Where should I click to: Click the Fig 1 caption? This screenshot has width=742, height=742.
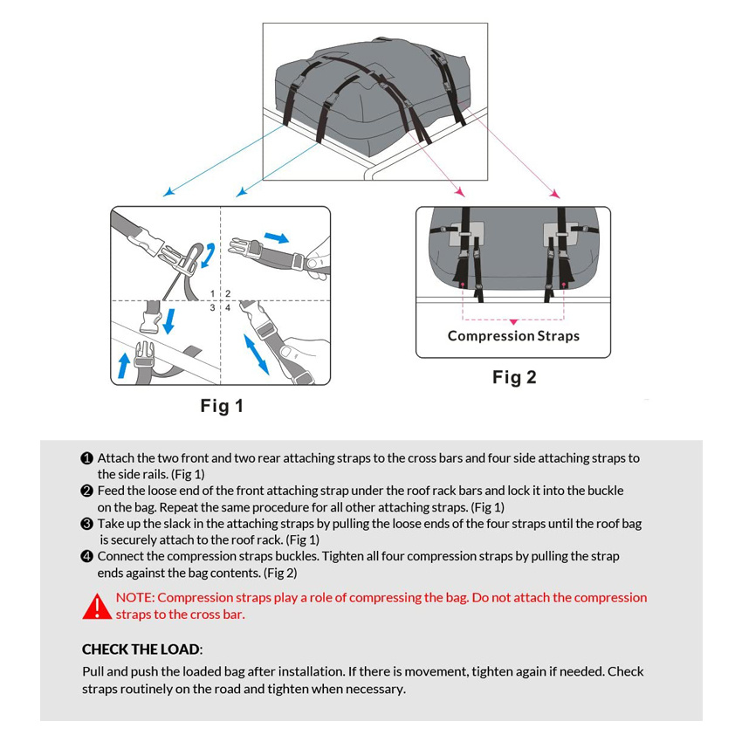[222, 406]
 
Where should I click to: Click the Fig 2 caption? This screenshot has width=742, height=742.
[514, 377]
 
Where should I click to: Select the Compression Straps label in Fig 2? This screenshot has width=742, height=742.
[513, 336]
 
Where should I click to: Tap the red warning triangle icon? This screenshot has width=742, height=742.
[96, 607]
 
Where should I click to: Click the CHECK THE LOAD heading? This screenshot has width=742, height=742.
[141, 649]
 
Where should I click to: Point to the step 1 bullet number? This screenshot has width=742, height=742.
[87, 458]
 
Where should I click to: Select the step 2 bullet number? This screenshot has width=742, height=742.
[87, 491]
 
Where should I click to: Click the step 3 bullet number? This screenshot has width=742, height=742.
[87, 524]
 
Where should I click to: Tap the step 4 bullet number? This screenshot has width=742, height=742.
[87, 557]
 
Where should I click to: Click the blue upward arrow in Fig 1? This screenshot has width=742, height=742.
[124, 363]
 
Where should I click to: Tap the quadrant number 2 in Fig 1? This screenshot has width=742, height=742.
[227, 294]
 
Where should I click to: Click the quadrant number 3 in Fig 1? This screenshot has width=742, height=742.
[212, 307]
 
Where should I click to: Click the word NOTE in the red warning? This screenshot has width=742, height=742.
[134, 598]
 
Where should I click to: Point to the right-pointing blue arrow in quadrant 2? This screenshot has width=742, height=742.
[276, 237]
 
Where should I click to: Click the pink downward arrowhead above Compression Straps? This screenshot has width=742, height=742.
[513, 321]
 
